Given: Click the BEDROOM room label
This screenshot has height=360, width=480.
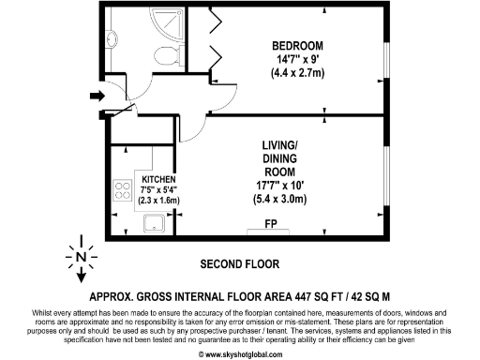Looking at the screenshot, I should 297,46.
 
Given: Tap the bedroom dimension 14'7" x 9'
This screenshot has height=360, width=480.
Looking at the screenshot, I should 297,59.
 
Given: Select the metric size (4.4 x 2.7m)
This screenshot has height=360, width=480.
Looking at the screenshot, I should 297,72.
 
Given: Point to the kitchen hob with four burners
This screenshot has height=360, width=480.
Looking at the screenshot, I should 122,191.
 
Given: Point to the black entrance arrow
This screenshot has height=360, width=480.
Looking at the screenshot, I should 97,95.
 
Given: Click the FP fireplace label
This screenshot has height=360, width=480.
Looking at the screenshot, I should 269,225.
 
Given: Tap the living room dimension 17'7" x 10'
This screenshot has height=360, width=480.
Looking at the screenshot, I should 282,186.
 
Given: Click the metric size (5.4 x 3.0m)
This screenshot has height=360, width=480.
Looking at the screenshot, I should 282,199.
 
